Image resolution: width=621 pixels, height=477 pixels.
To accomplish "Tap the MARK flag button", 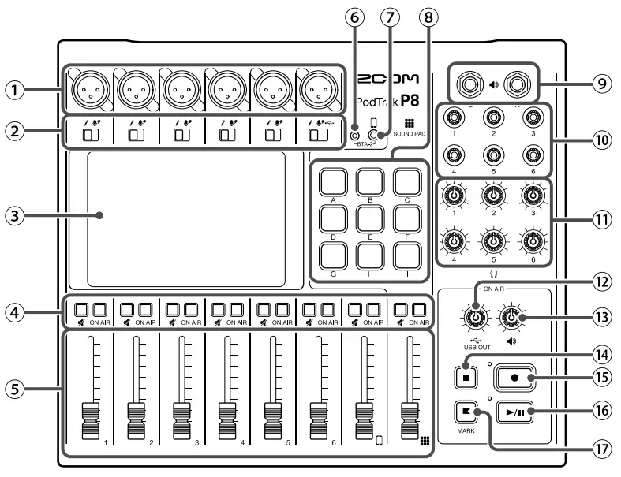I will pos(466,412).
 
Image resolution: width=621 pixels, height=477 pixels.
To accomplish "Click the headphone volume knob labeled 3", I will pos(534,196).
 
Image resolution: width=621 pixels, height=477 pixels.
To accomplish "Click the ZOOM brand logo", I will pos(387,80).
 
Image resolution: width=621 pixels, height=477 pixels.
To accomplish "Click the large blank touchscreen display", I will pos(186,218).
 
